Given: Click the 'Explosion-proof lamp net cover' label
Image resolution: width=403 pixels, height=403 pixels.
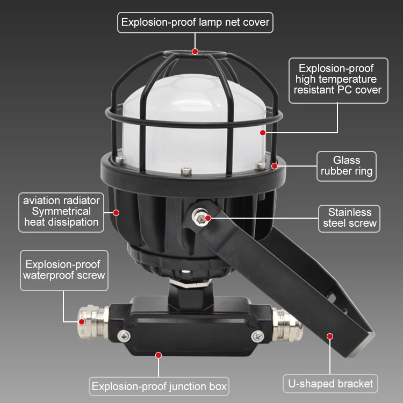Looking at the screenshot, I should point(195,23).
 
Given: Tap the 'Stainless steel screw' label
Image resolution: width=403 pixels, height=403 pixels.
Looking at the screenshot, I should point(349,218).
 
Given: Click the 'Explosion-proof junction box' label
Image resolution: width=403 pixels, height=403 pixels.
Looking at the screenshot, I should point(159,386).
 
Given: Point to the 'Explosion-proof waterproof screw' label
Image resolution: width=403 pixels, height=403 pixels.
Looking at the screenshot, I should point(63,270).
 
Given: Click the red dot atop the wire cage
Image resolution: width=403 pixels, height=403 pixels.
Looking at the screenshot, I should point(195,52).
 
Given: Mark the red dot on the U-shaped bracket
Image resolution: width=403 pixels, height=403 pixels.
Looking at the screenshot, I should point(330,336).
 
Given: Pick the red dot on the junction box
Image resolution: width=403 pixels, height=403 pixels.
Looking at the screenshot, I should point(159,355).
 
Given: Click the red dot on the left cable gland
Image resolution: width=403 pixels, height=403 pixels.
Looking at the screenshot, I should point(82,322).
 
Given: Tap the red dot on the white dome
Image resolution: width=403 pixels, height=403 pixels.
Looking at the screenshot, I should point(263,132).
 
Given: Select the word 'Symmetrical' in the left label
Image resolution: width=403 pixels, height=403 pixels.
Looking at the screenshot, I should point(61,211).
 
